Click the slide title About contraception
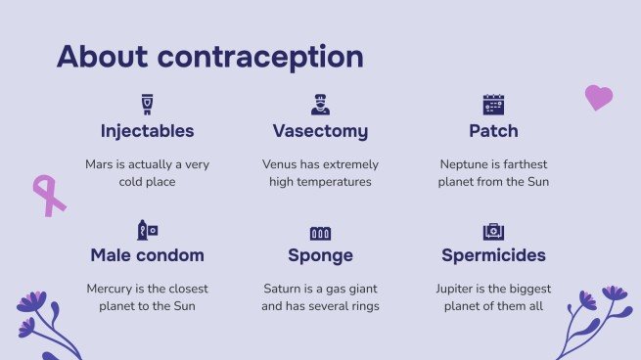[x=209, y=56]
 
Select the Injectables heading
[x=148, y=131]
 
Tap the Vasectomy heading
[x=320, y=131]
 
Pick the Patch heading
[x=493, y=131]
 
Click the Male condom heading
[x=148, y=255]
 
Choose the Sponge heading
[x=320, y=255]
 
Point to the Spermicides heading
[x=493, y=255]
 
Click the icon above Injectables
[x=148, y=105]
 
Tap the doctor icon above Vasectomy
[x=320, y=105]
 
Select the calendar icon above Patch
[x=493, y=105]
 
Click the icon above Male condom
[x=148, y=231]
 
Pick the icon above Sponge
[x=320, y=233]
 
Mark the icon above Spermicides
[x=493, y=232]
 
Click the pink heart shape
[x=598, y=97]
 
